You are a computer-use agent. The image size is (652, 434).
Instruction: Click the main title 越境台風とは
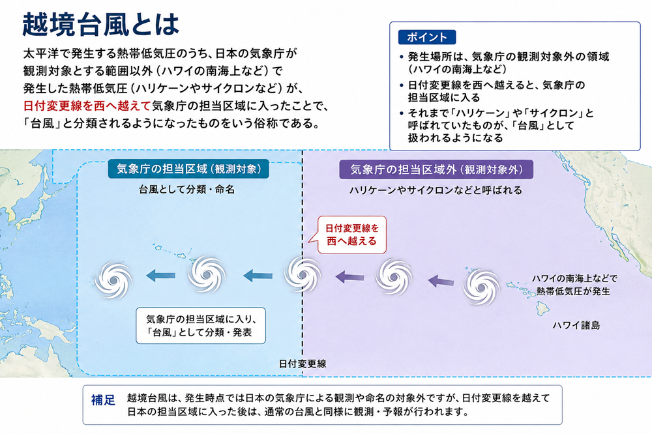tap(100, 25)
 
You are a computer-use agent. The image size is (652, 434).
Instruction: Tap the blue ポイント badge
tap(426, 37)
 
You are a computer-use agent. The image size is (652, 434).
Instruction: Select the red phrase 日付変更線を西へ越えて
tap(87, 106)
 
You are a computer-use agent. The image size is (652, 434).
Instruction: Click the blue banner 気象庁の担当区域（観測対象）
tap(188, 169)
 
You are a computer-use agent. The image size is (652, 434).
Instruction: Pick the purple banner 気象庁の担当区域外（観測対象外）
tap(436, 169)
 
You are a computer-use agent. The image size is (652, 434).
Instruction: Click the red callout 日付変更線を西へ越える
tap(352, 235)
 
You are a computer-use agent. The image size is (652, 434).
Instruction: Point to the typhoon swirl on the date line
tap(303, 275)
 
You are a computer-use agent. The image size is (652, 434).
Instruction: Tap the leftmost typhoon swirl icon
tap(113, 280)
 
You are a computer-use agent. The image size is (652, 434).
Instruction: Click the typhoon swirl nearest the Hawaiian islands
tap(481, 287)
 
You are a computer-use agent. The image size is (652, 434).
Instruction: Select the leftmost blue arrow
tap(160, 275)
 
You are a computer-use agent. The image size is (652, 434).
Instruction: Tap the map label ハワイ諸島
tap(576, 325)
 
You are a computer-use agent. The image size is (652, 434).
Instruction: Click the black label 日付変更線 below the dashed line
tap(303, 364)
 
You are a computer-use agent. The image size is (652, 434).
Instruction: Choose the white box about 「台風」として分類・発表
tap(200, 326)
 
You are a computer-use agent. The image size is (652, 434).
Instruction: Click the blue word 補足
tap(103, 400)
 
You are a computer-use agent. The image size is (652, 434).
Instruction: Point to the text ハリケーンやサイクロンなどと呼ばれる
tap(436, 190)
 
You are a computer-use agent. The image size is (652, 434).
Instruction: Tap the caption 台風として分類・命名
tap(186, 190)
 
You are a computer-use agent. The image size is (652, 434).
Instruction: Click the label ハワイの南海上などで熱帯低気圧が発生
tap(573, 285)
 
